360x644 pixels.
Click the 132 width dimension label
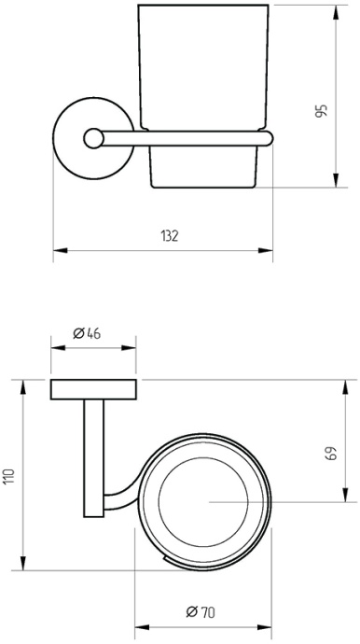pyautogui.click(x=170, y=236)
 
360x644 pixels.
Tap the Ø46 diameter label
pyautogui.click(x=87, y=333)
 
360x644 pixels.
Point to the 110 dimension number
pyautogui.click(x=9, y=476)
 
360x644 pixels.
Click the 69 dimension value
pyautogui.click(x=332, y=453)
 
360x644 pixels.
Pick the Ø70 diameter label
pyautogui.click(x=201, y=612)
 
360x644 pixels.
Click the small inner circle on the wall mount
pyautogui.click(x=93, y=138)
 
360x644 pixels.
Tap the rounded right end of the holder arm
pyautogui.click(x=269, y=138)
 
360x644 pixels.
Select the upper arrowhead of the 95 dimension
pyautogui.click(x=336, y=12)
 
